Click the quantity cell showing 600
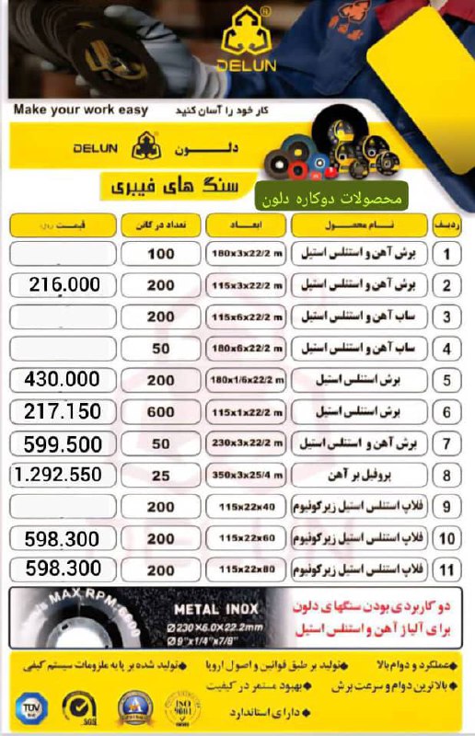(160, 411)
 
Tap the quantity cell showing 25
(160, 475)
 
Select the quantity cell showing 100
(160, 254)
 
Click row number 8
(446, 475)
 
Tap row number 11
(446, 569)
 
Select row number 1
(446, 254)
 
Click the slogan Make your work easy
(81, 110)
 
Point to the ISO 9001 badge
(186, 708)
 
